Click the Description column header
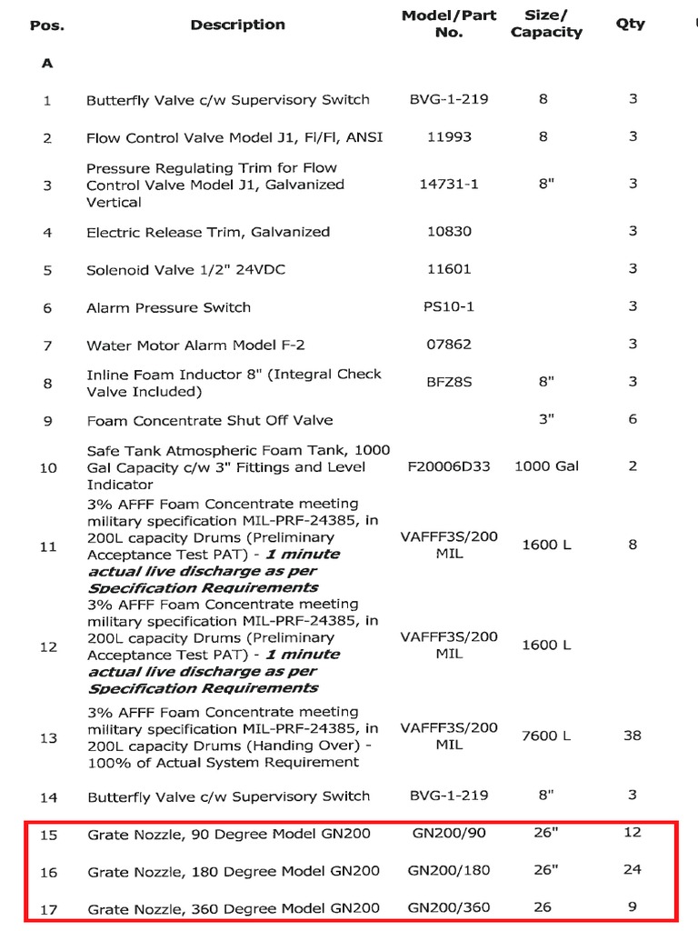point(237,25)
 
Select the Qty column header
point(630,24)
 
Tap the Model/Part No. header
point(449,25)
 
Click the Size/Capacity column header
point(546,25)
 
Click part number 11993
point(449,137)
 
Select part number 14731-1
point(449,184)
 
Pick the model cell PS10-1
point(449,306)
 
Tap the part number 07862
point(449,345)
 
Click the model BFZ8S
point(449,382)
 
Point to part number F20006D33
point(449,466)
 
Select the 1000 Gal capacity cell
point(546,466)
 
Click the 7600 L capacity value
point(546,736)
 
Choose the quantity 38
point(632,736)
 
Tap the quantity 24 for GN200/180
point(632,869)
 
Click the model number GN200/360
point(449,906)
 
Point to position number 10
point(48,467)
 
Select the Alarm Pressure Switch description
point(168,307)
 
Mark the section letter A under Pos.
point(47,64)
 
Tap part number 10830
point(449,232)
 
